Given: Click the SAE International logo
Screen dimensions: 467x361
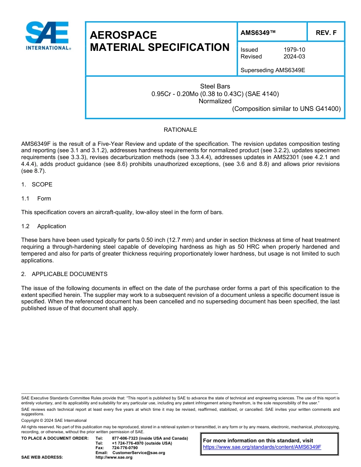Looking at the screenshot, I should pos(47,36).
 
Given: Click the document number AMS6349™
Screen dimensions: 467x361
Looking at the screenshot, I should pos(258,33).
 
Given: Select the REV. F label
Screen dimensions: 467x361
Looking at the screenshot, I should pos(326,33).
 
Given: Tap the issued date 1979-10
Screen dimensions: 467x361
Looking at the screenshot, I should pos(294,50).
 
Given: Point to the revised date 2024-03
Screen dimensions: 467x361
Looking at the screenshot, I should pos(294,57).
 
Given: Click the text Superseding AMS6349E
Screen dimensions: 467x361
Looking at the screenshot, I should pos(273,70).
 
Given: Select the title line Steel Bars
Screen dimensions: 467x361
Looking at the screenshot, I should pos(215,86).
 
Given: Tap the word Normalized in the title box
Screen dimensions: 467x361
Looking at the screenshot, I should pos(215,101).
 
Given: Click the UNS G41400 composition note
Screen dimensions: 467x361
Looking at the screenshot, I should pos(286,109).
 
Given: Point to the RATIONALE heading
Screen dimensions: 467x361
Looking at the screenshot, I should pos(180,130).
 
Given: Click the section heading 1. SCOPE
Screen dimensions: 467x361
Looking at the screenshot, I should pos(37,185).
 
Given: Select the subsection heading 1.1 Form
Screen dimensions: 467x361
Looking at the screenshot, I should pos(36,199).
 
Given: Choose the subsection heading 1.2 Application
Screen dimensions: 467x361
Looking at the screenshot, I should pos(44,226).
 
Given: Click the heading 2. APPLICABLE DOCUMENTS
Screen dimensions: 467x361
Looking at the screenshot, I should pos(64,274).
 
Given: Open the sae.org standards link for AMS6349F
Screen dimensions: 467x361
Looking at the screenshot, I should pos(262,447).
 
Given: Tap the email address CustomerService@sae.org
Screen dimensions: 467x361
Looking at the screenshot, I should pos(139,453).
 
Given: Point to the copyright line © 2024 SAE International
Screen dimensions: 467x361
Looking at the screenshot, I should pos(54,420).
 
